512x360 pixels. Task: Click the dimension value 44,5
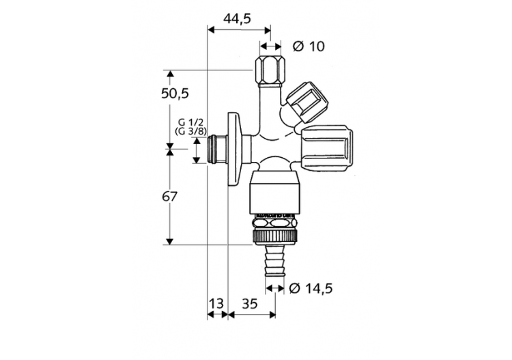[237, 18]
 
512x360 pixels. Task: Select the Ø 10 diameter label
[308, 46]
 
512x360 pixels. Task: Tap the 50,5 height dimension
[175, 93]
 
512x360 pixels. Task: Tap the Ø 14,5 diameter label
[311, 288]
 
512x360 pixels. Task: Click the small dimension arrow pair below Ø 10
[270, 46]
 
